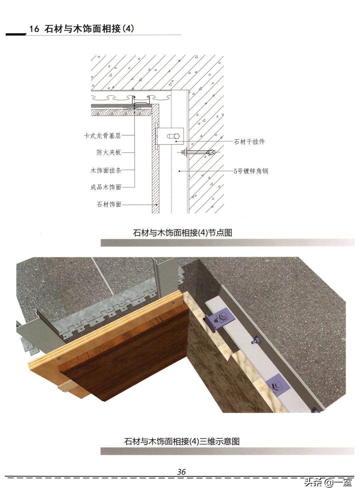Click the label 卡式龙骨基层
tap(102, 136)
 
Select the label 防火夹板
tap(109, 152)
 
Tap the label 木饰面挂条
tap(106, 170)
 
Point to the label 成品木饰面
tap(106, 187)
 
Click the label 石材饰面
tap(109, 204)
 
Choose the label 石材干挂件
tap(249, 142)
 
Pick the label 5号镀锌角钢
tap(251, 171)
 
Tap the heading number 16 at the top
tap(34, 29)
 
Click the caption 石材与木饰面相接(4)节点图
tap(182, 233)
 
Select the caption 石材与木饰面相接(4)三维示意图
tap(182, 441)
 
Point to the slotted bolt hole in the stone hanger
tap(173, 136)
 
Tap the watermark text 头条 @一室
tap(328, 487)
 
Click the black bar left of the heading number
tap(16, 34)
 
